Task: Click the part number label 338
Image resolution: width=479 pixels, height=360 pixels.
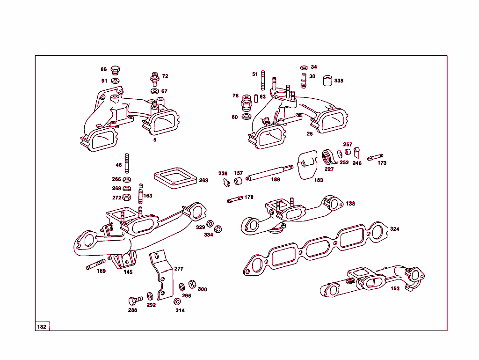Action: (x=339, y=81)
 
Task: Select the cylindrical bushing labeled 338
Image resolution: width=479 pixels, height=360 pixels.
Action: (x=327, y=81)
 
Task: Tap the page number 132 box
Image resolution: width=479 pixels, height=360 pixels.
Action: (x=42, y=326)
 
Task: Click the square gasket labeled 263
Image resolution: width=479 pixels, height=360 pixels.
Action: (x=174, y=178)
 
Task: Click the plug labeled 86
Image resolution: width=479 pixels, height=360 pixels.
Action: (x=115, y=71)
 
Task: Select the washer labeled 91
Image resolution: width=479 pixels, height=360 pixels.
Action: (x=115, y=81)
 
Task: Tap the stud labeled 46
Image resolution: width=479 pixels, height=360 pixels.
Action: (x=126, y=163)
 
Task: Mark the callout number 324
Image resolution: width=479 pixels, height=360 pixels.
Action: (x=394, y=229)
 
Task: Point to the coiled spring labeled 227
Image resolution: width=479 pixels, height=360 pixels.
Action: (x=327, y=157)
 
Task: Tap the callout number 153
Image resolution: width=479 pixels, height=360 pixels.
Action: (x=395, y=288)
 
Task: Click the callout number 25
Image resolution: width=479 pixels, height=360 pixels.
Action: (x=309, y=134)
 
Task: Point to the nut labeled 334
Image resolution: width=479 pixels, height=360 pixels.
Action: (x=218, y=228)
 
